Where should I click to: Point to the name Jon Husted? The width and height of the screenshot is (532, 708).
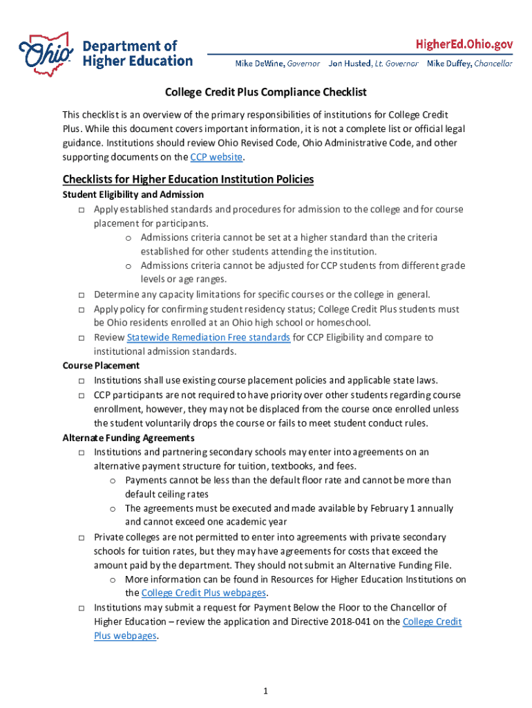(350, 64)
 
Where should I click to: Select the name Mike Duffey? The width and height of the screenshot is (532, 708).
(448, 64)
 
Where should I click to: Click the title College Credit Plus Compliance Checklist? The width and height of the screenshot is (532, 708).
(265, 92)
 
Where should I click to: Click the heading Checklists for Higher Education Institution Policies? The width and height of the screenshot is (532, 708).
(188, 179)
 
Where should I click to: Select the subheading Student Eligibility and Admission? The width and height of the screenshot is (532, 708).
(133, 195)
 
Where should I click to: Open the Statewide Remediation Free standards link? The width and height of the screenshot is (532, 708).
(208, 337)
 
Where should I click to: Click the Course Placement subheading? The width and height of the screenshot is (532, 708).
(101, 366)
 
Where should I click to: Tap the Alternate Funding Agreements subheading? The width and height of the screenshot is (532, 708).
(129, 438)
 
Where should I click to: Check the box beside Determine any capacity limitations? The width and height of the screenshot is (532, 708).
(82, 295)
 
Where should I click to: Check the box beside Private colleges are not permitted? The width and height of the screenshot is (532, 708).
(82, 537)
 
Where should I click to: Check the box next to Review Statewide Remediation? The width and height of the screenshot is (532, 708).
(82, 338)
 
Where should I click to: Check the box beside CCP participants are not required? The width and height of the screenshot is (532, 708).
(82, 395)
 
